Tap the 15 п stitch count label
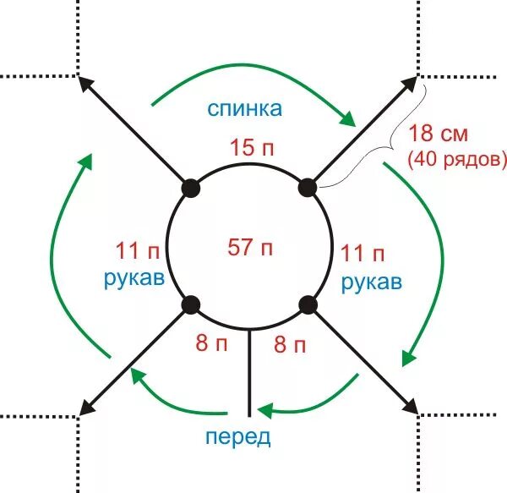click(x=251, y=146)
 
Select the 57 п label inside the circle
click(x=251, y=247)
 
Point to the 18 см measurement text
click(x=438, y=134)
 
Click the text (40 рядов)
click(x=457, y=158)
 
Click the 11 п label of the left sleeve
click(x=135, y=251)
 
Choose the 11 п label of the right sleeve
click(x=363, y=253)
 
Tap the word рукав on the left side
click(x=134, y=279)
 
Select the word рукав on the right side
click(x=371, y=282)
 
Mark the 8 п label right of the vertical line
click(x=288, y=344)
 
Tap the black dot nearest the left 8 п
click(x=192, y=304)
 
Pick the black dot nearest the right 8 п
click(x=308, y=304)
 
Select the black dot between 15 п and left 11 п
click(x=192, y=188)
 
